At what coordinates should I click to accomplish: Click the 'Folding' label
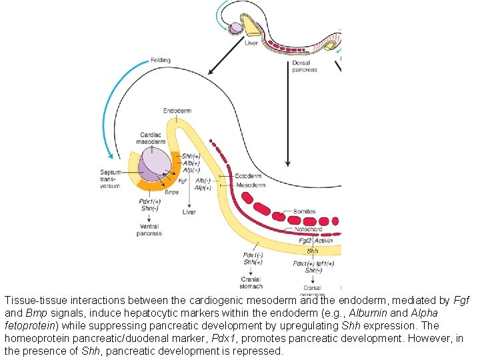pos(160,59)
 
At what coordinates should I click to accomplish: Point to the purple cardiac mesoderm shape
pos(157,163)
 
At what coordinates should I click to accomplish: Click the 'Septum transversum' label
pos(111,179)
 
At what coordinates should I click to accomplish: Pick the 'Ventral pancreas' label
pos(149,231)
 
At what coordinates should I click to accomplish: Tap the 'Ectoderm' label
pos(250,175)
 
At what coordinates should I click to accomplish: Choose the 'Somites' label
pos(305,212)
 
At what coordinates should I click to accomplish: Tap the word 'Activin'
pos(325,241)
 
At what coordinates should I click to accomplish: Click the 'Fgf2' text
pos(307,241)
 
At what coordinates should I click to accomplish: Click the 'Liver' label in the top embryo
pos(251,43)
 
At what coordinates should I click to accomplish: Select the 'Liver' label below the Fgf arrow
pos(190,212)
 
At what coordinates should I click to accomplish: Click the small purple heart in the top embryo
pos(235,28)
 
